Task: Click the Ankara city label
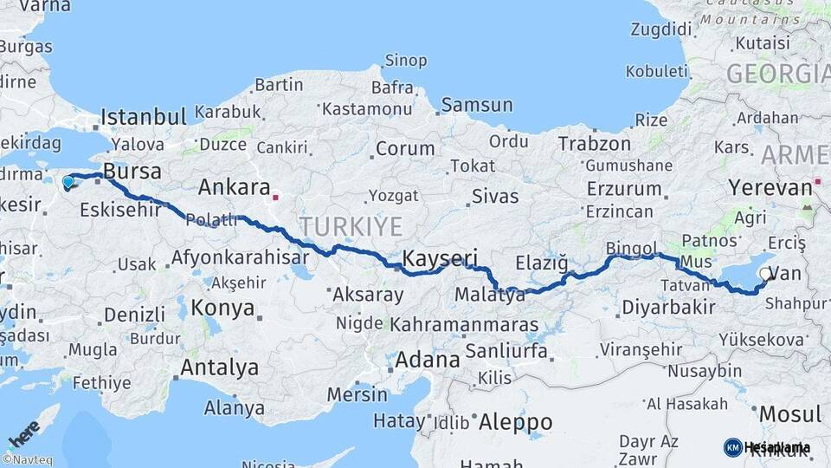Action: [x=234, y=186]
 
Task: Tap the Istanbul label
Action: [x=144, y=117]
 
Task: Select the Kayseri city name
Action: [x=441, y=257]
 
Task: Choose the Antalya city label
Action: [x=219, y=367]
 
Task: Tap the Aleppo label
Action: [x=515, y=422]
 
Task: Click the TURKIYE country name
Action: [x=351, y=227]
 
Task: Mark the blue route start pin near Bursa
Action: [x=68, y=182]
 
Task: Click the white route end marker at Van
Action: [x=764, y=275]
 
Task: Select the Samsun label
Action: [x=476, y=105]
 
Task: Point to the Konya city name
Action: [x=222, y=308]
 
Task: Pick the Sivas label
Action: [x=495, y=196]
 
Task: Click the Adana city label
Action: [x=428, y=359]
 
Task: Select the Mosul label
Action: [x=789, y=413]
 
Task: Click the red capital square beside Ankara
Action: [x=275, y=197]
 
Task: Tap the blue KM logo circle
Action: [x=733, y=447]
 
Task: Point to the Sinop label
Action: [x=405, y=61]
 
